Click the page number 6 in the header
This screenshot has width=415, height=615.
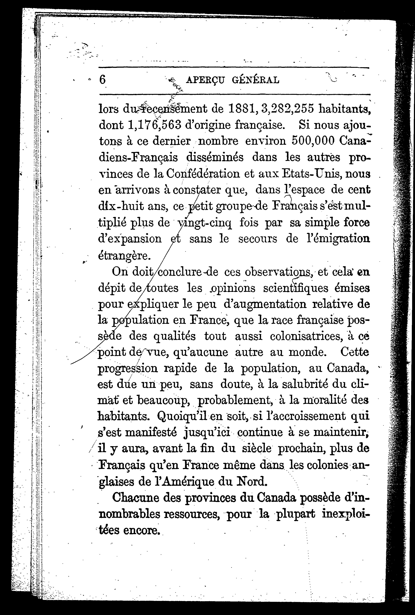[x=103, y=79]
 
